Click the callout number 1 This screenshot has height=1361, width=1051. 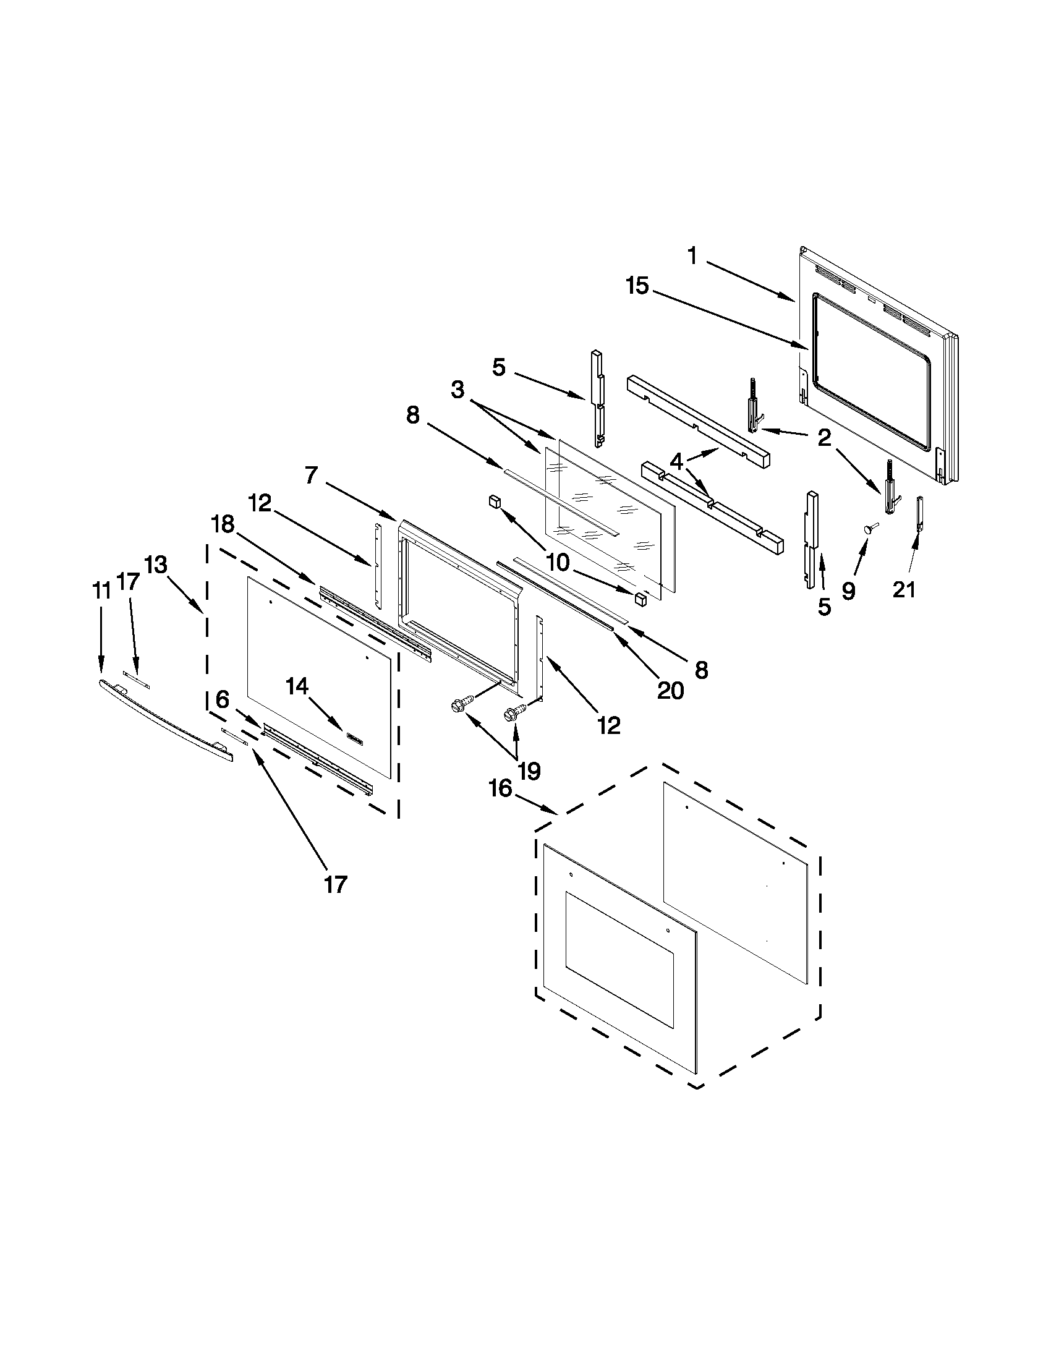[692, 255]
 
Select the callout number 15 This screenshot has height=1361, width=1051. [638, 287]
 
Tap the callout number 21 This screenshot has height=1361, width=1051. [904, 589]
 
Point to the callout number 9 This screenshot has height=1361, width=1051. [848, 591]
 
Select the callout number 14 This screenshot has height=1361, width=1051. [297, 686]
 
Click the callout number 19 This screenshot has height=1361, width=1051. [529, 772]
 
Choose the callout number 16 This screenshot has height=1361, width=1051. [500, 788]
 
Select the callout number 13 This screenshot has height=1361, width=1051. [156, 565]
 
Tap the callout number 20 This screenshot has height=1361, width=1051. [670, 690]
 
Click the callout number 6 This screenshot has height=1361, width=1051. [223, 699]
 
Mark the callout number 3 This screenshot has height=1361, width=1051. [458, 391]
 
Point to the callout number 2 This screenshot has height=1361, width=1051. [823, 438]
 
